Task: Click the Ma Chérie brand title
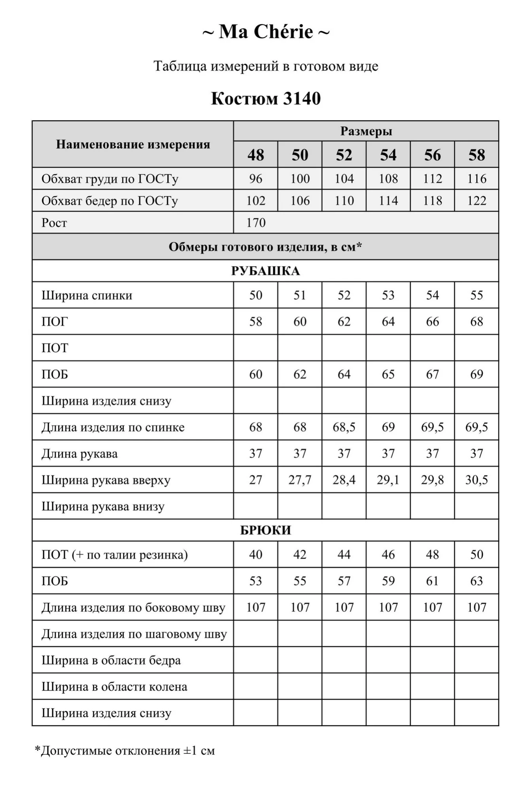[x=266, y=32]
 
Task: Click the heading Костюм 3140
[x=266, y=98]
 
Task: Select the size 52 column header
[x=344, y=155]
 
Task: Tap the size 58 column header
[x=476, y=155]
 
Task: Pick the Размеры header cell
[x=366, y=131]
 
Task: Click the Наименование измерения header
[x=133, y=144]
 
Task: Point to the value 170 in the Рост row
[x=256, y=223]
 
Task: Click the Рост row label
[x=54, y=223]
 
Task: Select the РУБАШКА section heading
[x=266, y=271]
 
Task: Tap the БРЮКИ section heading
[x=266, y=530]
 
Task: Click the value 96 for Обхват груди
[x=256, y=179]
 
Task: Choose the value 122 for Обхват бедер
[x=476, y=201]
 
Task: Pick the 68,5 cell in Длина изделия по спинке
[x=344, y=427]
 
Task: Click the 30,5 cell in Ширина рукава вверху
[x=476, y=480]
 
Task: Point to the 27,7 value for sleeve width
[x=300, y=480]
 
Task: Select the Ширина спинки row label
[x=87, y=295]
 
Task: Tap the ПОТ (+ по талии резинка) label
[x=115, y=554]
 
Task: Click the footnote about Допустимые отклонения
[x=125, y=751]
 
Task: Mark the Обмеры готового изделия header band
[x=266, y=247]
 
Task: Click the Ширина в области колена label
[x=115, y=687]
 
